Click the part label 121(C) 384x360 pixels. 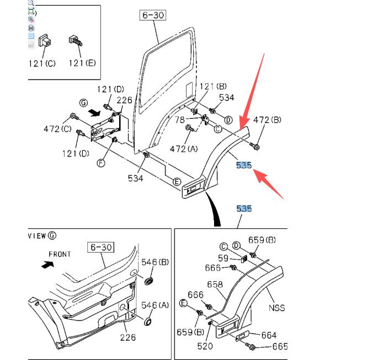coord(42,63)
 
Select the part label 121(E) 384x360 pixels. coord(82,63)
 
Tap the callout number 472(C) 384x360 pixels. coord(57,128)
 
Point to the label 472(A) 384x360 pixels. coord(184,148)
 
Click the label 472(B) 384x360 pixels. coord(267,120)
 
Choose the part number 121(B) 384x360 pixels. coord(213,86)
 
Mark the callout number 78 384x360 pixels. coord(179,120)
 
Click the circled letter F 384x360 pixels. coord(101,163)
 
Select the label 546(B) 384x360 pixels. coord(155,262)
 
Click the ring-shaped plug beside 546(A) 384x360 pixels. coord(148,322)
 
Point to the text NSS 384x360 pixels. coord(277,308)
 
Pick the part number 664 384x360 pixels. coord(269,335)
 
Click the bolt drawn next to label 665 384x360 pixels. coord(250,346)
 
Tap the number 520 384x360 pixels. coord(205,346)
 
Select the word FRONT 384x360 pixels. coord(60,254)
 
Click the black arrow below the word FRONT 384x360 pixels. coord(47,265)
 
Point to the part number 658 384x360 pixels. coord(215,284)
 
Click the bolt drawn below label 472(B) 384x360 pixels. coord(255,146)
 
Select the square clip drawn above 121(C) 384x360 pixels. coord(45,41)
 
